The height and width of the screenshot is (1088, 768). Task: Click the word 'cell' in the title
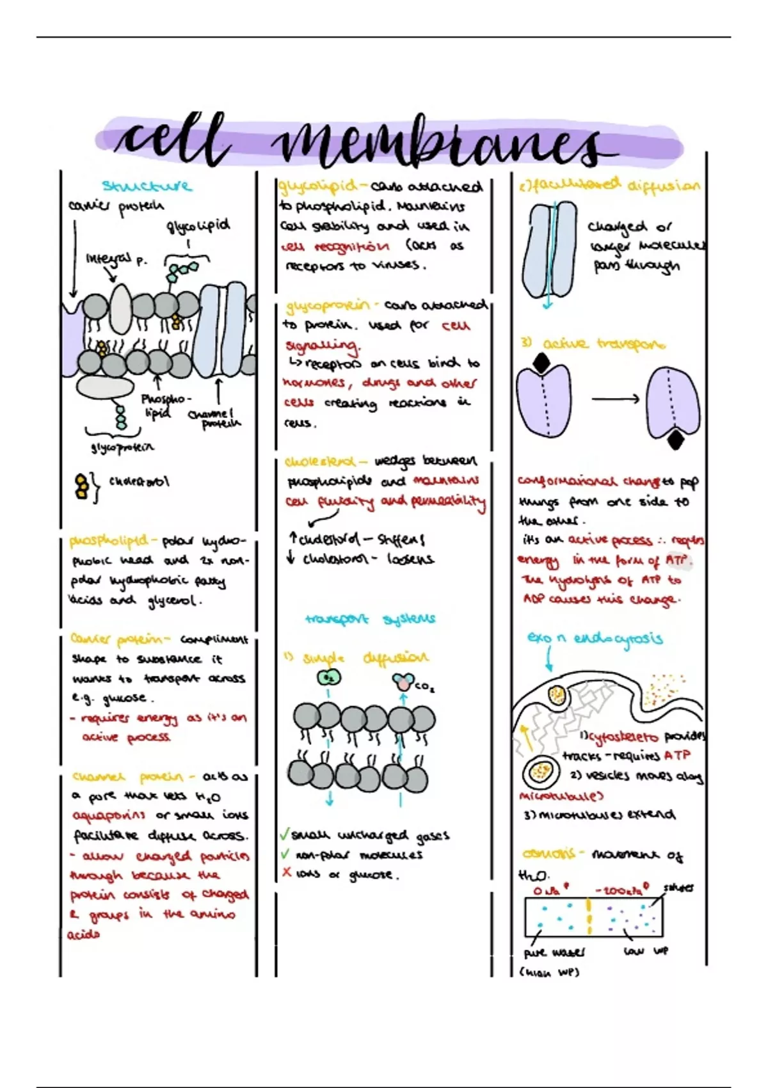pyautogui.click(x=172, y=139)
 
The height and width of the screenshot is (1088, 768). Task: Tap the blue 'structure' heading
pyautogui.click(x=147, y=186)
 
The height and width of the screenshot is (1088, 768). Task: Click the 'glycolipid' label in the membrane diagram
pyautogui.click(x=198, y=226)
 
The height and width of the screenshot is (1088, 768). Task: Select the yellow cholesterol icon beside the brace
pyautogui.click(x=82, y=486)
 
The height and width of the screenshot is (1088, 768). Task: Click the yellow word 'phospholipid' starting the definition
pyautogui.click(x=108, y=541)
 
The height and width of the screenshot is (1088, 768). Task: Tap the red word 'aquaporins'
pyautogui.click(x=109, y=816)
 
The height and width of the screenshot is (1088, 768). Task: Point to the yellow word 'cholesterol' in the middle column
pyautogui.click(x=320, y=461)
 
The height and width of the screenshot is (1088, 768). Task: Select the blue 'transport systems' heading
pyautogui.click(x=370, y=619)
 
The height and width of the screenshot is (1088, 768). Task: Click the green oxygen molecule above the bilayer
pyautogui.click(x=329, y=678)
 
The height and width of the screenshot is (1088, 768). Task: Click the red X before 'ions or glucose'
pyautogui.click(x=286, y=872)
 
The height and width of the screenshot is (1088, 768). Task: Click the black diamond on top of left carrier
pyautogui.click(x=541, y=364)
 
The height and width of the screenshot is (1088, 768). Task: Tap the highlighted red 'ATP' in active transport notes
pyautogui.click(x=677, y=561)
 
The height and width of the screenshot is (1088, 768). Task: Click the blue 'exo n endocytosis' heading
pyautogui.click(x=595, y=638)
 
